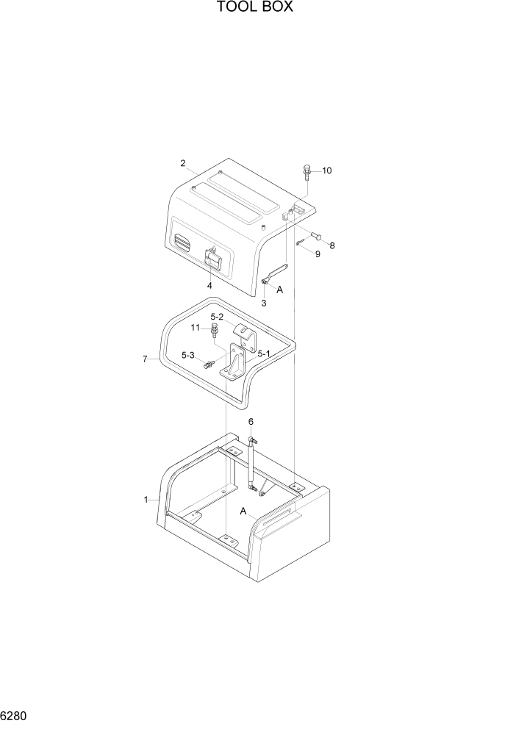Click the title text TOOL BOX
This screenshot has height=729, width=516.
point(255,8)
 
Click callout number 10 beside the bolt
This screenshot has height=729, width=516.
point(327,170)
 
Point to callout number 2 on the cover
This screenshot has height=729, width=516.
point(182,163)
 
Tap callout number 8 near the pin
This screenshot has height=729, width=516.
point(332,245)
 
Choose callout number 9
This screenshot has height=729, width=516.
point(318,254)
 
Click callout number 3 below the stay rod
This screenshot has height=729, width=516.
point(263,303)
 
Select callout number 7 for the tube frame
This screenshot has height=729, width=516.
point(145,359)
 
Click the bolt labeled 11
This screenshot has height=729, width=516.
point(213,330)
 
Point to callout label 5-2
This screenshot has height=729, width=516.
point(217,317)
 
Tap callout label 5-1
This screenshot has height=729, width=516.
point(264,353)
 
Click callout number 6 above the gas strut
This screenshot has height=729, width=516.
point(251,422)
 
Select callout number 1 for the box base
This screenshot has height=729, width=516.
point(146,500)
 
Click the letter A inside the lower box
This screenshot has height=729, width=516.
point(242,511)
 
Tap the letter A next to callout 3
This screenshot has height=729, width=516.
point(279,290)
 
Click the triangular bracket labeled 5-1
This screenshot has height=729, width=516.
point(236,364)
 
